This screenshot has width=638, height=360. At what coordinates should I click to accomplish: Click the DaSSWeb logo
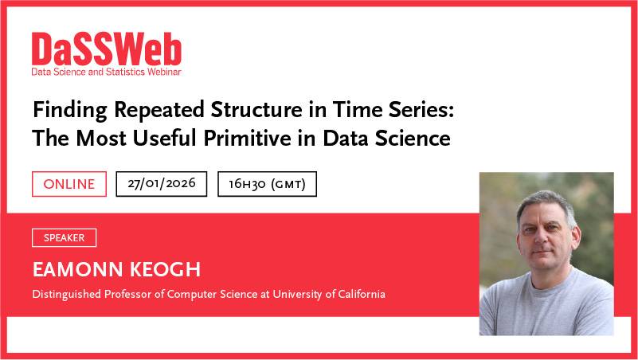pos(107,49)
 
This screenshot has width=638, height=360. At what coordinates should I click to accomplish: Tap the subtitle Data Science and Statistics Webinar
pos(106,72)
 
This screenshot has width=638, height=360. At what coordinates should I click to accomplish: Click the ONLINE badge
pos(68,184)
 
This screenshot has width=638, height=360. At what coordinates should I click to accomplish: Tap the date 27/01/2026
pos(161,184)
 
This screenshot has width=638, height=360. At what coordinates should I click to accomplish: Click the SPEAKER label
pos(64,237)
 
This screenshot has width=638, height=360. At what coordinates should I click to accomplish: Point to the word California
pos(357,295)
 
